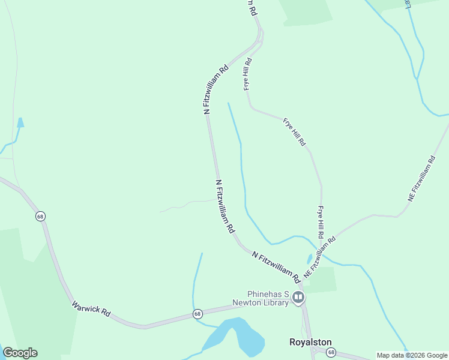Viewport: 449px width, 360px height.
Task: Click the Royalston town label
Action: pyautogui.click(x=310, y=342)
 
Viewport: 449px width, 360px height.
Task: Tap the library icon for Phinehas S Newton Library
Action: pyautogui.click(x=298, y=298)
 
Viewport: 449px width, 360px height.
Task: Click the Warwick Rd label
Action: pyautogui.click(x=91, y=309)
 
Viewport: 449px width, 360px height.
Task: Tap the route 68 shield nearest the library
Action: pyautogui.click(x=197, y=313)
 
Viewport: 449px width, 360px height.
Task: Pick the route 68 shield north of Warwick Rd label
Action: pyautogui.click(x=40, y=216)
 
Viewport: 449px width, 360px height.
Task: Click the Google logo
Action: pyautogui.click(x=20, y=353)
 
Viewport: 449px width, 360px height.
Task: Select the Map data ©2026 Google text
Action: pyautogui.click(x=411, y=355)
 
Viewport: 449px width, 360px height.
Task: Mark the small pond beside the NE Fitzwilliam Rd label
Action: pyautogui.click(x=309, y=259)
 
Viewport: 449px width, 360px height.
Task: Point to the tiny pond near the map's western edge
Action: pyautogui.click(x=20, y=123)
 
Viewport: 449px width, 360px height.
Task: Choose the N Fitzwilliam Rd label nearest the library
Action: pyautogui.click(x=276, y=267)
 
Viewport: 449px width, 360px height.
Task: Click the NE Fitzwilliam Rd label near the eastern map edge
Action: pyautogui.click(x=421, y=178)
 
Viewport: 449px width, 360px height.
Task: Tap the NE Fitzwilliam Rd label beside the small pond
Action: pyautogui.click(x=321, y=255)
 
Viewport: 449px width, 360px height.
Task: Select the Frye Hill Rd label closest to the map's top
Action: pyautogui.click(x=247, y=73)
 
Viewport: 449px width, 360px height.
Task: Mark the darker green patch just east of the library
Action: pyautogui.click(x=322, y=280)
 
